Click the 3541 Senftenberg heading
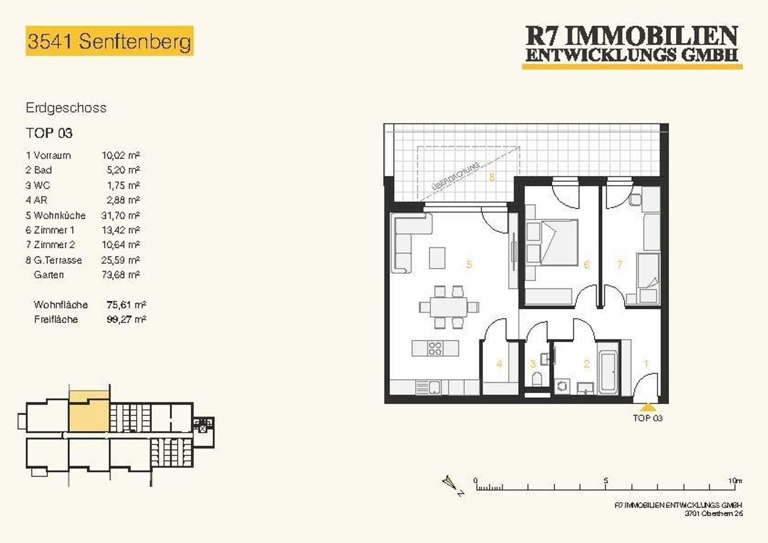point(109,41)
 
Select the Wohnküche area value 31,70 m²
point(121,215)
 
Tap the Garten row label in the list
point(49,274)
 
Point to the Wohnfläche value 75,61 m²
point(127,304)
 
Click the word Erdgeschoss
point(66,108)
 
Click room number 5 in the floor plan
point(469,264)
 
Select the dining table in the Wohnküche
point(449,307)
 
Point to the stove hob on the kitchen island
point(435,349)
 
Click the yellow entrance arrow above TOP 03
point(647,407)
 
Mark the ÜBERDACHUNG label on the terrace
point(455,177)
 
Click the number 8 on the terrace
point(492,177)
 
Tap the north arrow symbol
point(450,483)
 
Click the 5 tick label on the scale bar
point(606,480)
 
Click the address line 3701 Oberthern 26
point(714,514)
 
